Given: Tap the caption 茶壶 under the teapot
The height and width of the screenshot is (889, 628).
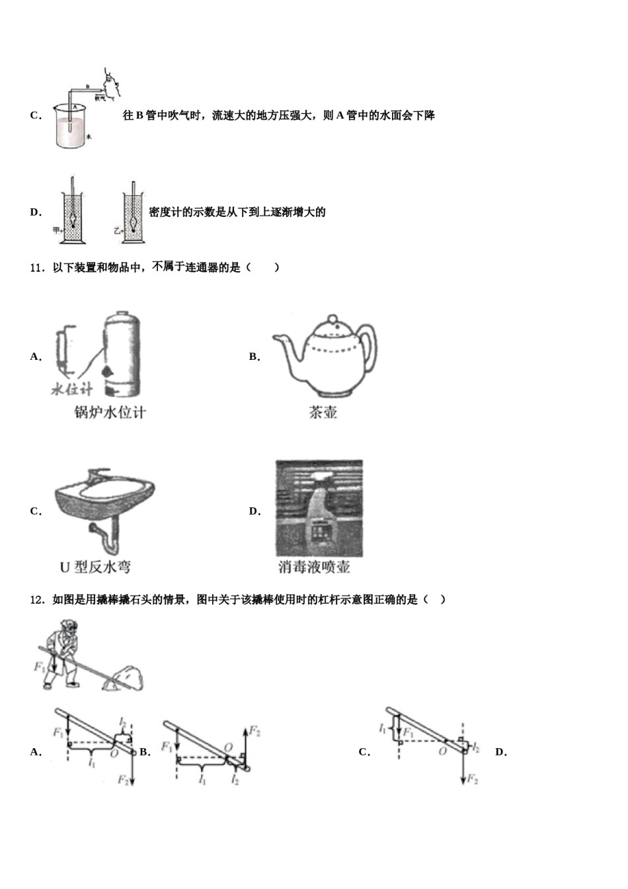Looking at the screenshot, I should point(323,413).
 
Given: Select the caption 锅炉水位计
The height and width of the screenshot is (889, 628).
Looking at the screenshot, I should point(110,413).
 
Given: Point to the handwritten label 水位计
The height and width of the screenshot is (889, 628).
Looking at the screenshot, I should point(72,389).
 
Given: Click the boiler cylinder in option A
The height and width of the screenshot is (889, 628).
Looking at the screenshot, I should point(122,354).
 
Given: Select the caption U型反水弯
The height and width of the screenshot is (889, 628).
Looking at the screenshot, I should point(95,567).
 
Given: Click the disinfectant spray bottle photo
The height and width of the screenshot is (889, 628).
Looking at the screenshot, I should point(319,508).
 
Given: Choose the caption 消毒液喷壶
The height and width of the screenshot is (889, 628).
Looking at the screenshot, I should point(314,567).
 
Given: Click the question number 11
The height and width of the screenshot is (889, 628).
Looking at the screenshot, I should point(36,268).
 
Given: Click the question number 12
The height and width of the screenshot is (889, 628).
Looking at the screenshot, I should point(36,600).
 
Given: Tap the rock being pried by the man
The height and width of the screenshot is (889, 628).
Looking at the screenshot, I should point(126,678).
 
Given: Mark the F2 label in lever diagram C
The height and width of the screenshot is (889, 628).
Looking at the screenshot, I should point(472,779).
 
